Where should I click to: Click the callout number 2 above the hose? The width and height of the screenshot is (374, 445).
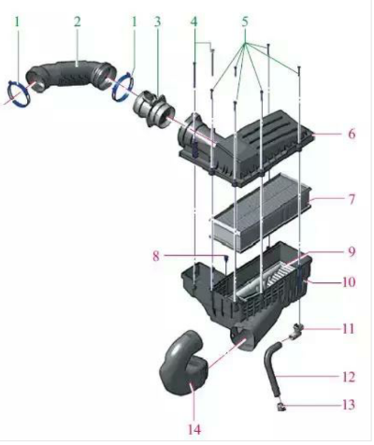point(77,22)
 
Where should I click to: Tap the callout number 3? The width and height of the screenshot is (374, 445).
point(157,22)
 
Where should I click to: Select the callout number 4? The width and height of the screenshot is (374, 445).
point(194,22)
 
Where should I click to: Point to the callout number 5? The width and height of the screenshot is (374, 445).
point(245,22)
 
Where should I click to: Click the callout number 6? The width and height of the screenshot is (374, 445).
point(352,134)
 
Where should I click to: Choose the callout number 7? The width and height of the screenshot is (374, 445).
point(352,199)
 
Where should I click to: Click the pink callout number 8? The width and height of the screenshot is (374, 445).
point(156,256)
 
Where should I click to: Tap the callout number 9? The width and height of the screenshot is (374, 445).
point(352,251)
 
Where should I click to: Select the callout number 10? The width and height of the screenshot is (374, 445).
point(349,282)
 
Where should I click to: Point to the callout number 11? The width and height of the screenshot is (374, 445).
point(349,329)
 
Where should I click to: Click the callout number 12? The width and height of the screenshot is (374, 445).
point(349,377)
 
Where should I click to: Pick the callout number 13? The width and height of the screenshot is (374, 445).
point(349,405)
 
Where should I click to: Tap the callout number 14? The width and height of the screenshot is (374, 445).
point(194,430)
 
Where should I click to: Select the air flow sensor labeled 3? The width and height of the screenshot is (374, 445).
point(153,109)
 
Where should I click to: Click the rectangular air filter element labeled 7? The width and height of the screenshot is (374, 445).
point(262,212)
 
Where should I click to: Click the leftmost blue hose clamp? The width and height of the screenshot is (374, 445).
point(20,92)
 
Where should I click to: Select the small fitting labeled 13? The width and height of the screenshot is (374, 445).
point(281,406)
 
